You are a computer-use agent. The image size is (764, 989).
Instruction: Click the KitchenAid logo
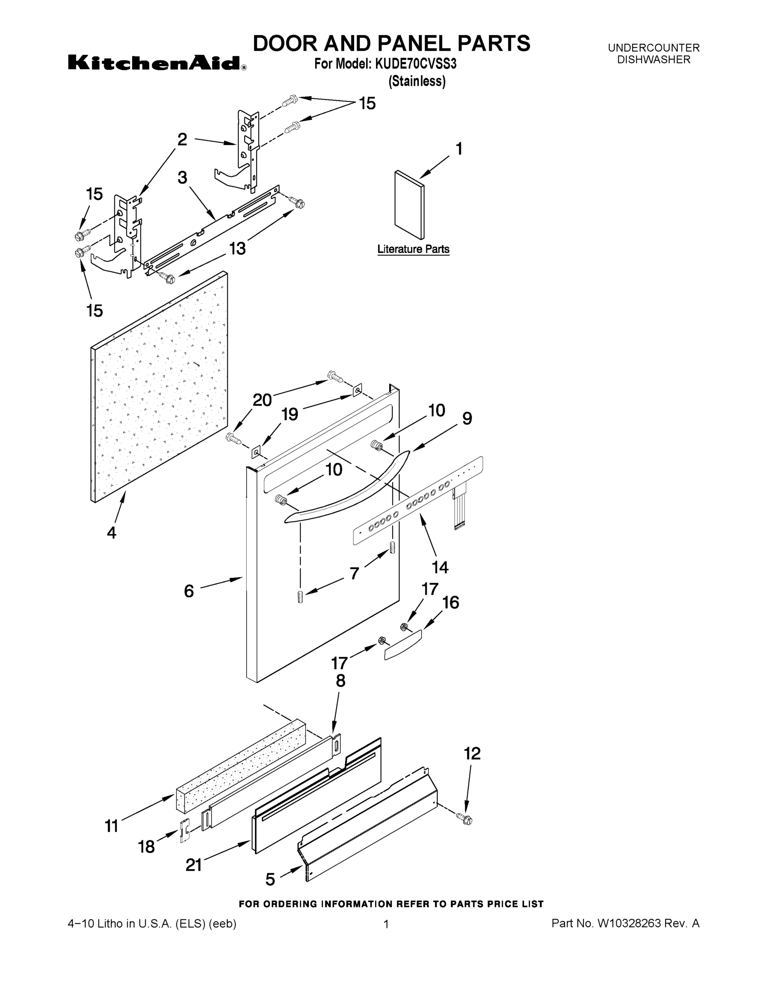(x=157, y=63)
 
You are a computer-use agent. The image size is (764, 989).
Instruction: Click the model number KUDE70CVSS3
(x=415, y=64)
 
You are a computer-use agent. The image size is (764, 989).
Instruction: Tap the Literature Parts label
(x=413, y=249)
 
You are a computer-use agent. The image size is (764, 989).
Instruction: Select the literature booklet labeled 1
(x=409, y=205)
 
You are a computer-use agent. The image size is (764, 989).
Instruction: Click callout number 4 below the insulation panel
(x=111, y=532)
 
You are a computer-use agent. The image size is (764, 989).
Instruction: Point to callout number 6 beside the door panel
(x=189, y=591)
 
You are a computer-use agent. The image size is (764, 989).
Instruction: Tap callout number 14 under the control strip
(x=439, y=567)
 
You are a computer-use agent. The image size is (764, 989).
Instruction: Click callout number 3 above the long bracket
(x=182, y=178)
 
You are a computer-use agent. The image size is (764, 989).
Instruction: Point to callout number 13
(x=237, y=248)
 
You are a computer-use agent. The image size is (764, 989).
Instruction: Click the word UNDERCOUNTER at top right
(x=654, y=47)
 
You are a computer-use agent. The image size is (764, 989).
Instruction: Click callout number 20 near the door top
(x=262, y=400)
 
